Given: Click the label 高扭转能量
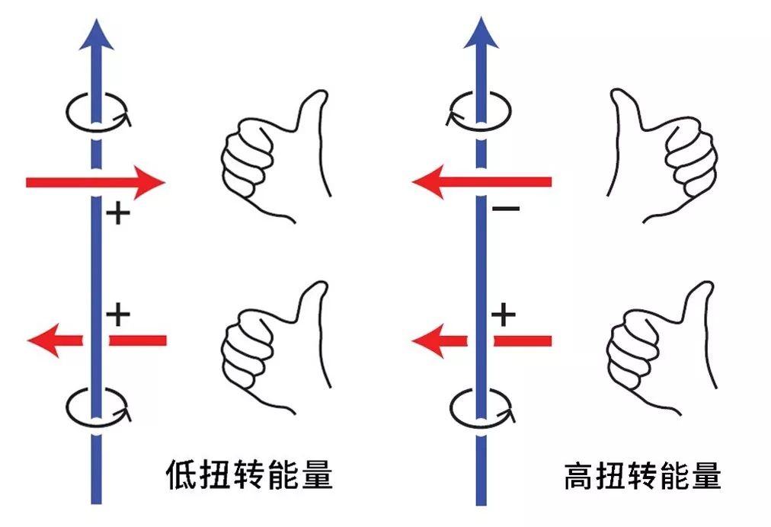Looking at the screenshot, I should [642, 477].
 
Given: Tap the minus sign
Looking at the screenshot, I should [505, 209].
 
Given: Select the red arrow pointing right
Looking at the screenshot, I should [95, 183].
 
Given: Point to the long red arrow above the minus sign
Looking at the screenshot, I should [481, 182].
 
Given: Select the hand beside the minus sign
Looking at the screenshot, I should [663, 156].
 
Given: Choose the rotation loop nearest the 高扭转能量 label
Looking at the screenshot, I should [480, 406].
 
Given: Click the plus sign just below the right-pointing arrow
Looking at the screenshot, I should [117, 214].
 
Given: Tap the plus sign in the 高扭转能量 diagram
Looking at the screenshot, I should [503, 313].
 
